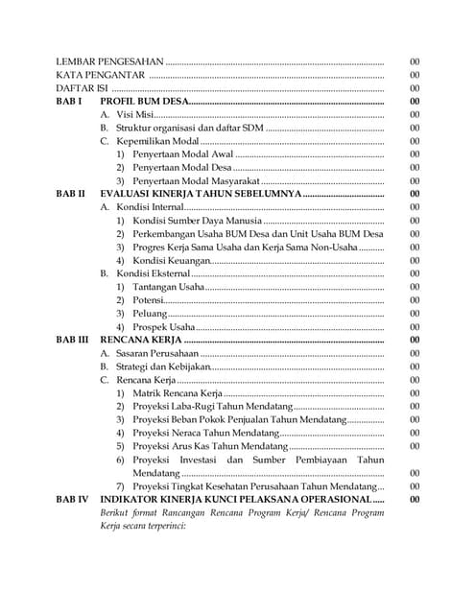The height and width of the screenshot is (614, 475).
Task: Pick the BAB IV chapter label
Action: (x=72, y=500)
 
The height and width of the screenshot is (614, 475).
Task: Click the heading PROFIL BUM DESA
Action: (x=144, y=102)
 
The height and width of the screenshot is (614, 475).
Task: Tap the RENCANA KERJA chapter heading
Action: (x=140, y=340)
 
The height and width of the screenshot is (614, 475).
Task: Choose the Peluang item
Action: (x=150, y=314)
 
